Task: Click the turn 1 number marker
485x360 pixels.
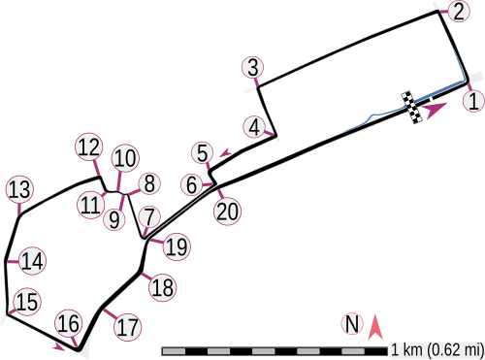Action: (x=472, y=98)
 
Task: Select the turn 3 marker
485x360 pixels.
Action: (x=253, y=67)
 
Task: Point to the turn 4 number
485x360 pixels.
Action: (x=254, y=127)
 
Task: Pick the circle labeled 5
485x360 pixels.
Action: (x=202, y=152)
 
